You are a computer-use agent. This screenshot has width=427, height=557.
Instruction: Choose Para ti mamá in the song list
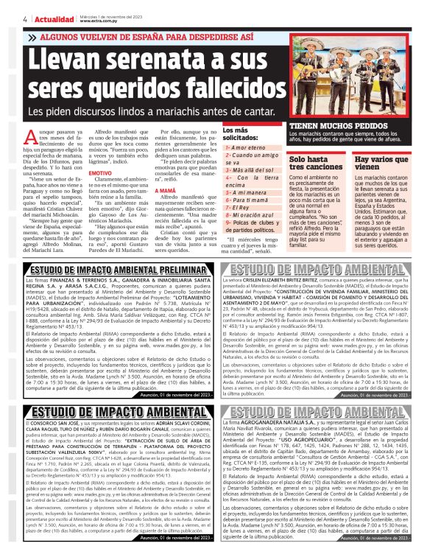(x=247, y=199)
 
